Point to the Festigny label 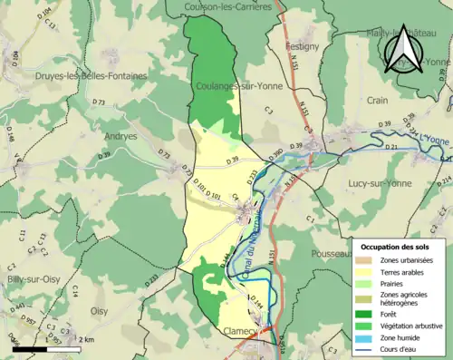302,44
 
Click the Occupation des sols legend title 400,247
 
